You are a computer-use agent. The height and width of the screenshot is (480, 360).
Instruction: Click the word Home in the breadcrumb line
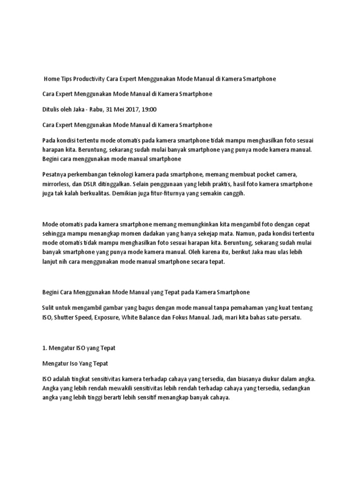pos(52,79)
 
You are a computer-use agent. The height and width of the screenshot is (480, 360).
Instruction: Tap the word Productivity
pos(91,79)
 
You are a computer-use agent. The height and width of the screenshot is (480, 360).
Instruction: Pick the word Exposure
pos(107,317)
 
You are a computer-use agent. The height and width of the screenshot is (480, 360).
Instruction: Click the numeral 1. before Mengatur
pos(45,348)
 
